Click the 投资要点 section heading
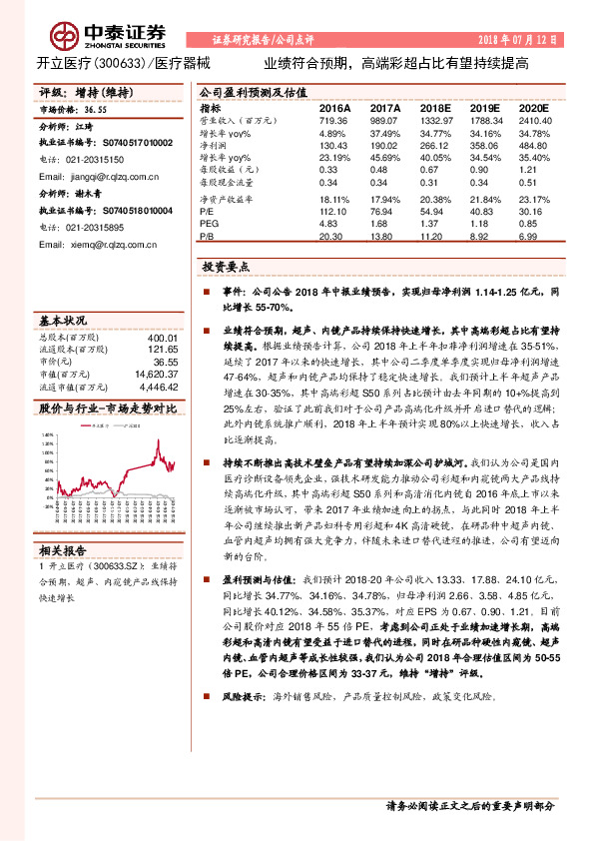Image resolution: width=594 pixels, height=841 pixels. pyautogui.click(x=226, y=268)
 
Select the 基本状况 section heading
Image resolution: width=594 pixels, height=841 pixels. pyautogui.click(x=61, y=321)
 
